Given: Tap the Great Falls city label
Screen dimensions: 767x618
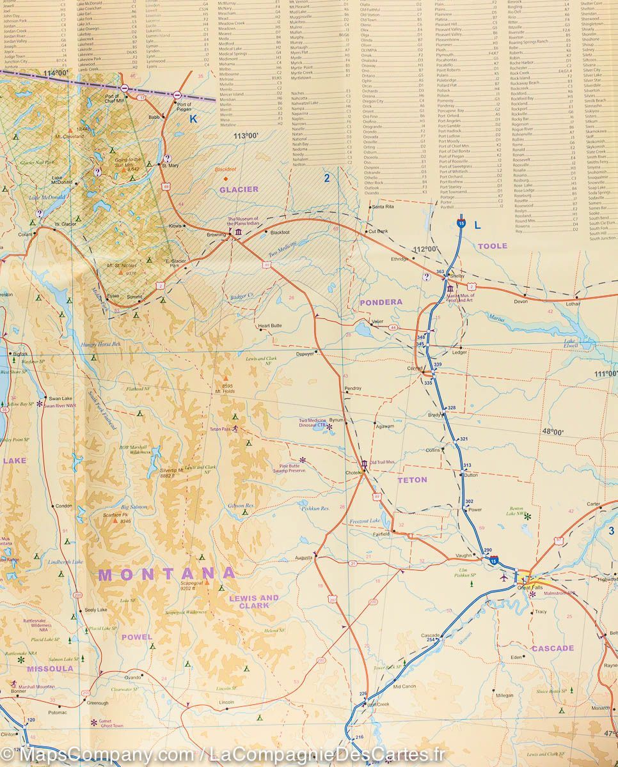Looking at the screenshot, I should (x=530, y=587).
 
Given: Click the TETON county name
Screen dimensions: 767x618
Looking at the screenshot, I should (x=412, y=479).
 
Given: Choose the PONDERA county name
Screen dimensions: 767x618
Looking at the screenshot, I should (x=381, y=302).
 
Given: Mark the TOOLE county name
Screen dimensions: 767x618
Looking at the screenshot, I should (x=492, y=245).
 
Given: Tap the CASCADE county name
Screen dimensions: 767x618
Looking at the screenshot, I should (x=552, y=648).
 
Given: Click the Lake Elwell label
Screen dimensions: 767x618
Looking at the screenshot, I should (x=569, y=343).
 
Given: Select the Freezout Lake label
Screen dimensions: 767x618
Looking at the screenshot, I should (x=365, y=522).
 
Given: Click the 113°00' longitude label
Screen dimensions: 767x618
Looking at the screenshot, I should (x=246, y=136).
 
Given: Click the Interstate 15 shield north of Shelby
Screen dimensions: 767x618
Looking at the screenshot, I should (x=461, y=224).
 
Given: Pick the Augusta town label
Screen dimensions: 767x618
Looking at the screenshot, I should (x=303, y=557).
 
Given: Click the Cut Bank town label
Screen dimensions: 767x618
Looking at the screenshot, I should (x=377, y=231).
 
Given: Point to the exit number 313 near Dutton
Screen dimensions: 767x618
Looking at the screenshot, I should (x=467, y=465).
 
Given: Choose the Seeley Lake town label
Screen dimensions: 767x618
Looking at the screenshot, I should (x=95, y=610).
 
